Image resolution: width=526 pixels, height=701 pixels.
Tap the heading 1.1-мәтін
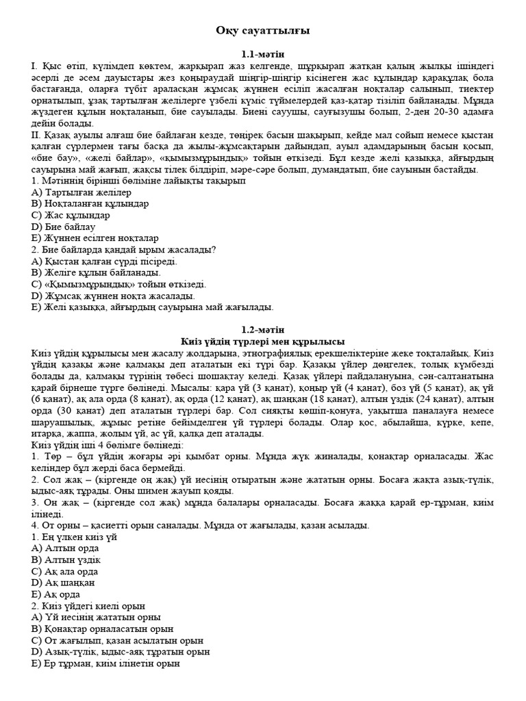263,53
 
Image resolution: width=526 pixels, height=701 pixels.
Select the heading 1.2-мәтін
263,330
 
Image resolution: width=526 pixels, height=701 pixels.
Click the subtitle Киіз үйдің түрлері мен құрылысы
263,341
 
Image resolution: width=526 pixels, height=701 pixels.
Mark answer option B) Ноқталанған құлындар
90,204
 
